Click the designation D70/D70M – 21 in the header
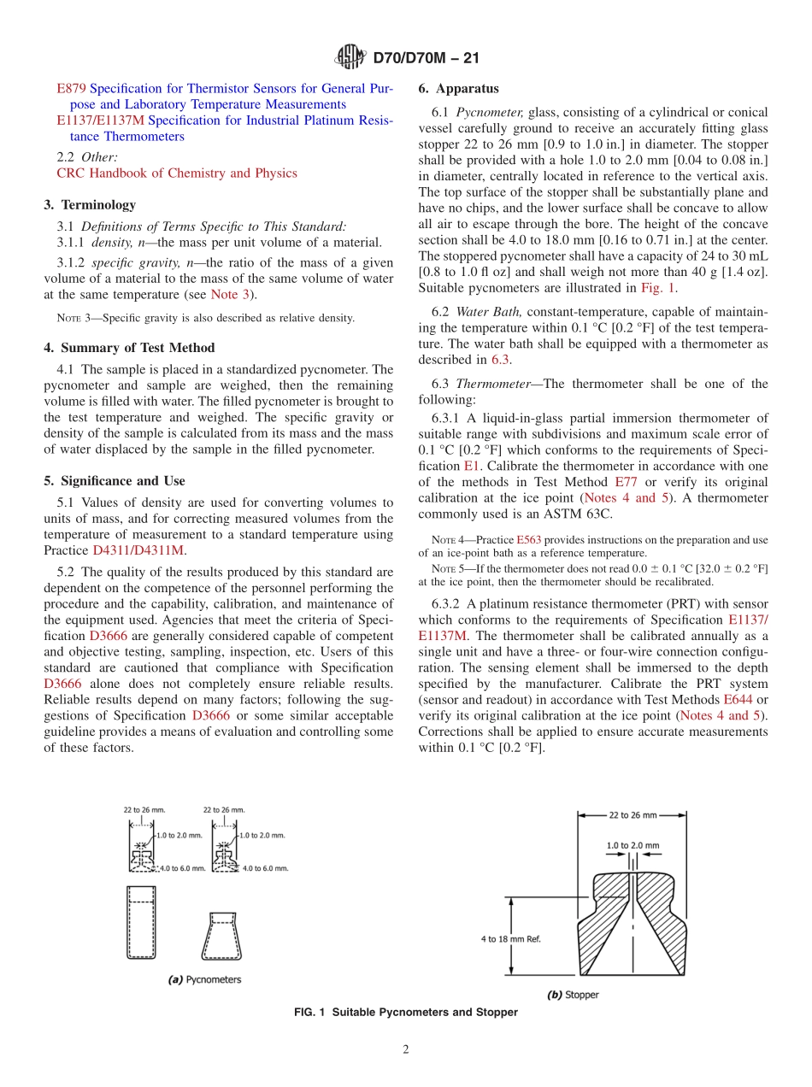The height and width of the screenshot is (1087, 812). coord(425,58)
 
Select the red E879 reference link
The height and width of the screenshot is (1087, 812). coord(71,89)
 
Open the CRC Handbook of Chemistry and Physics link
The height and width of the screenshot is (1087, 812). coord(176,173)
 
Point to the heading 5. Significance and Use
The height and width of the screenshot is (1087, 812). coord(114,481)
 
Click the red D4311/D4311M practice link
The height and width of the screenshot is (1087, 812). coord(138,550)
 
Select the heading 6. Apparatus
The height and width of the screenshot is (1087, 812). coord(458,89)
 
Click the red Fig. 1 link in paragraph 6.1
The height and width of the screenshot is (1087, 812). coord(657,288)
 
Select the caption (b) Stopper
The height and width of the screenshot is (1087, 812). coord(573,995)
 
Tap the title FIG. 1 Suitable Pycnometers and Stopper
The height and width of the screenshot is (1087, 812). coord(405,1013)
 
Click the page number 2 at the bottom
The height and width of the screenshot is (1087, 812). coord(406,1050)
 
